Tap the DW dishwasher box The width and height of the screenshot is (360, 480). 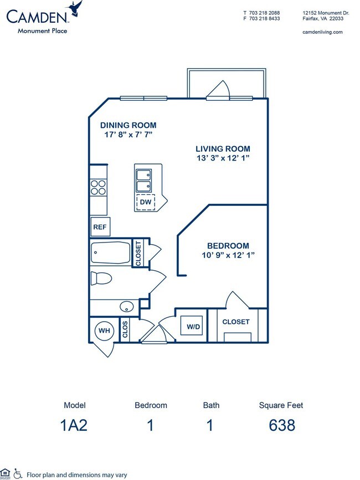(x=146, y=203)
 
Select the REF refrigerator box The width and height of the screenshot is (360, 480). (x=100, y=226)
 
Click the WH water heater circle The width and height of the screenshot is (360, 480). (x=104, y=331)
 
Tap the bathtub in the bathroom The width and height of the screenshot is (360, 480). (x=111, y=254)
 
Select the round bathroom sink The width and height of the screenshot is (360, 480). (x=127, y=306)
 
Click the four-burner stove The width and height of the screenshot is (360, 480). (x=99, y=188)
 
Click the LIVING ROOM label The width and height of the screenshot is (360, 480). (x=223, y=149)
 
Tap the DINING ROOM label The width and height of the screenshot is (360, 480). (x=128, y=125)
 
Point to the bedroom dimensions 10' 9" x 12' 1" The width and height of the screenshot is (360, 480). (x=228, y=255)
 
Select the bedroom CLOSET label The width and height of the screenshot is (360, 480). (x=236, y=322)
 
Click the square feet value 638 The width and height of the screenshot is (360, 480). (x=281, y=425)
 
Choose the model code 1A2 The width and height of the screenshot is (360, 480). (x=75, y=425)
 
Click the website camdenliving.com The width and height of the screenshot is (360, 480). (x=323, y=32)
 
